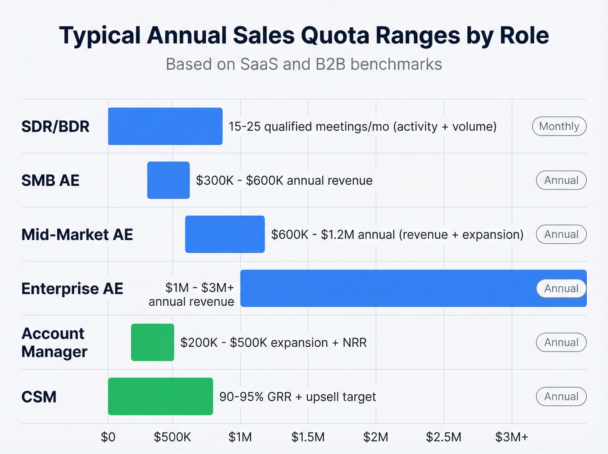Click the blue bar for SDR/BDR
point(165,126)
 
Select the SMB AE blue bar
point(169,180)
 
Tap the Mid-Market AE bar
point(225,234)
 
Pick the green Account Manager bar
point(152,342)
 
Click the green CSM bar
point(160,396)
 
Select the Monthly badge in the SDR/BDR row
point(559,126)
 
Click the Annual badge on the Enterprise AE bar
point(561,288)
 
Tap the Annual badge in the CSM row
point(561,397)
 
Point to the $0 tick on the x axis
point(108,437)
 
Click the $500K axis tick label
point(172,437)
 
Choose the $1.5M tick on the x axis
point(308,437)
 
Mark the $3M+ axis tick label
point(512,437)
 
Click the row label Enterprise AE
point(72,288)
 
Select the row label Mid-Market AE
point(77,235)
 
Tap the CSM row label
point(39,397)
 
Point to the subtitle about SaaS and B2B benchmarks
point(304,64)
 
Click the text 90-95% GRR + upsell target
point(297,397)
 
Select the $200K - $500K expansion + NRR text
point(274,343)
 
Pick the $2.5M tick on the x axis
point(443,437)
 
